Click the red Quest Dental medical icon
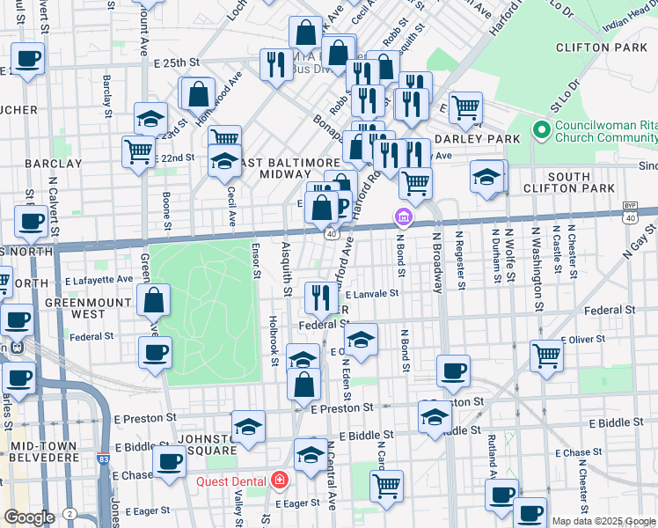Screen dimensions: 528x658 click(x=280, y=480)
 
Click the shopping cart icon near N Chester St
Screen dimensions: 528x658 click(x=546, y=355)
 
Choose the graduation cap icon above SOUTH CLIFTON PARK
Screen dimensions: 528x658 click(x=486, y=175)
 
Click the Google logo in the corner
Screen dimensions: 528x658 click(x=29, y=517)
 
